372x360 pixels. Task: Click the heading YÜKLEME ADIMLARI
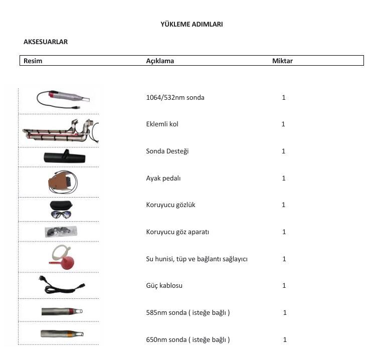pos(192,24)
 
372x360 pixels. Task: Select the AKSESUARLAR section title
pos(46,42)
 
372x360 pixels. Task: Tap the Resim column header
pos(33,61)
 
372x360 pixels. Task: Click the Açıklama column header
pos(160,61)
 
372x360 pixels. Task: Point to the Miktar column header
pos(282,61)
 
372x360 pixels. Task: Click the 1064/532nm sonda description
pos(175,97)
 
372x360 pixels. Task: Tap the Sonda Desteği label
pos(167,151)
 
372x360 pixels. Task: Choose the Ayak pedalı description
pos(163,178)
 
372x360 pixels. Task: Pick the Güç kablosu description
pos(164,285)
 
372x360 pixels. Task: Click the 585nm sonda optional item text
pos(188,312)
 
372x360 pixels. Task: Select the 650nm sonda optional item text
pos(188,339)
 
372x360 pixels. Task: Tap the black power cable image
pos(61,285)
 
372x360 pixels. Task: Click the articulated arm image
pos(60,132)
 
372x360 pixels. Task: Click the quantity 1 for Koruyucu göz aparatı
pos(284,232)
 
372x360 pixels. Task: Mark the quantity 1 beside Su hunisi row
pos(284,259)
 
